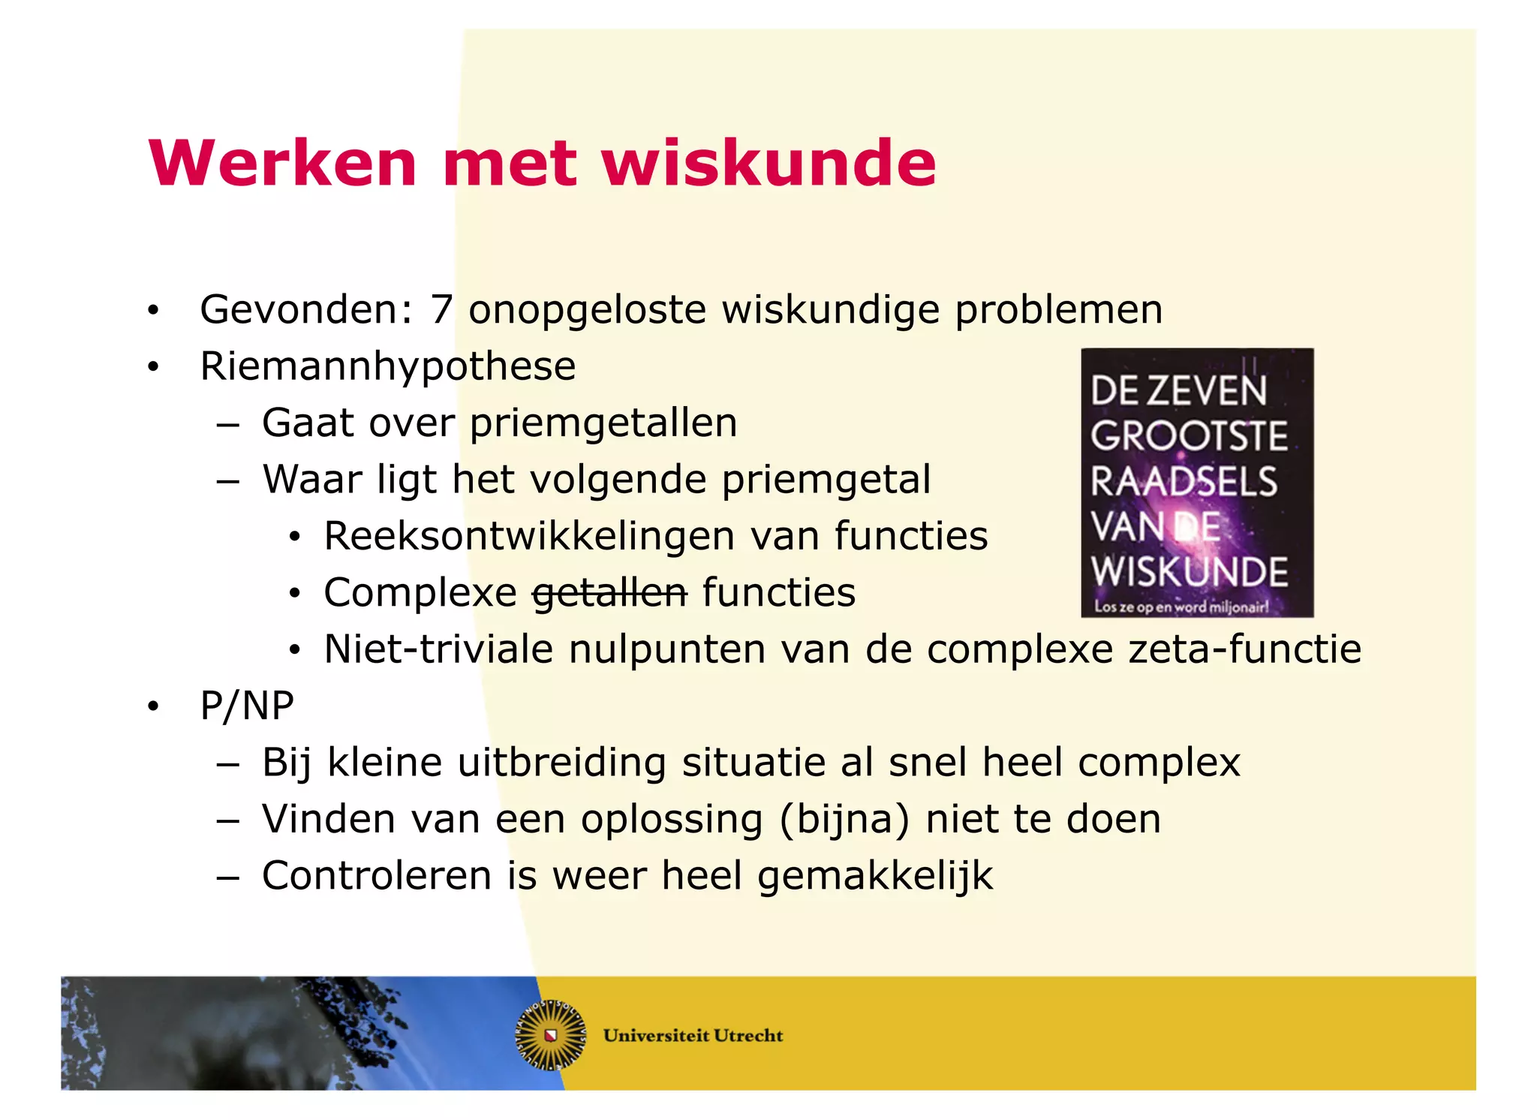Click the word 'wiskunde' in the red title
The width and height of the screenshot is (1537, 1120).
click(768, 163)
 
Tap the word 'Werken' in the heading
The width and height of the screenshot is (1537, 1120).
click(283, 163)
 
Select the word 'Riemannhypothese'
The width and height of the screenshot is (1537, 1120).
click(387, 366)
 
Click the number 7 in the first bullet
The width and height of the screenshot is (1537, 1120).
click(441, 309)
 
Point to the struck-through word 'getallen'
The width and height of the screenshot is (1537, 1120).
click(609, 593)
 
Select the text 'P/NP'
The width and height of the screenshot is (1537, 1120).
click(247, 706)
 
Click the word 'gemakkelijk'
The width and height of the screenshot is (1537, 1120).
click(875, 877)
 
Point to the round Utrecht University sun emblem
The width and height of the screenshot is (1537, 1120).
click(550, 1035)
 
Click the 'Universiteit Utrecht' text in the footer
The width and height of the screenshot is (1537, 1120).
click(693, 1036)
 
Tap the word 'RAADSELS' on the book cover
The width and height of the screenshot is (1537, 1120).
click(1184, 482)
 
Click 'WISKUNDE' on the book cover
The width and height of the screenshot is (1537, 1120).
click(1190, 572)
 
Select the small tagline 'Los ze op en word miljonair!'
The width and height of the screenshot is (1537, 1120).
click(1181, 607)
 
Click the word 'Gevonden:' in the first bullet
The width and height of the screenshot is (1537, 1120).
click(306, 309)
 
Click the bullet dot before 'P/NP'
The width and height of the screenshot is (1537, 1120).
click(154, 706)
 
